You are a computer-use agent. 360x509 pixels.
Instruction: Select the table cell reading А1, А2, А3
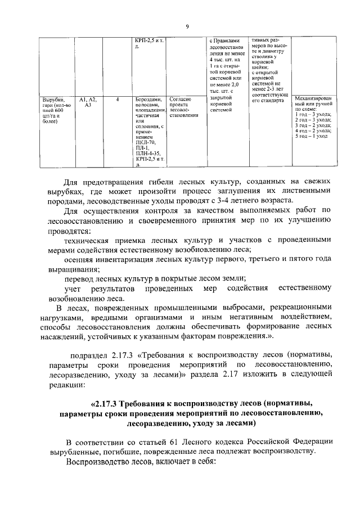pos(88,102)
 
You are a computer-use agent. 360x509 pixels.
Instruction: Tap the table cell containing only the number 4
pos(117,99)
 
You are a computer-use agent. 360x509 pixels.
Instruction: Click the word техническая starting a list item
pos(89,240)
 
